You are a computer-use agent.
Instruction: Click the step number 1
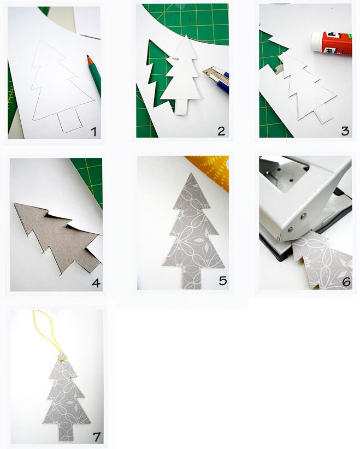93,131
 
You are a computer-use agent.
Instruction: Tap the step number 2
221,131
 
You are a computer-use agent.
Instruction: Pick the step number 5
222,281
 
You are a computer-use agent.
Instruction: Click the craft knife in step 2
215,77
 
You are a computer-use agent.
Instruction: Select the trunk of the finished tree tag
66,429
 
